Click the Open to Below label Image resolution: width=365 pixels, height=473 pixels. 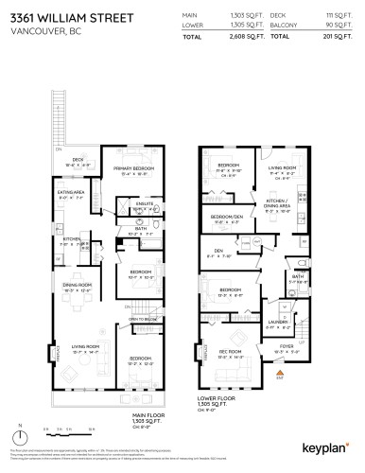tap(143, 320)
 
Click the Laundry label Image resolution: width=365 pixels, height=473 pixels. tap(277, 322)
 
